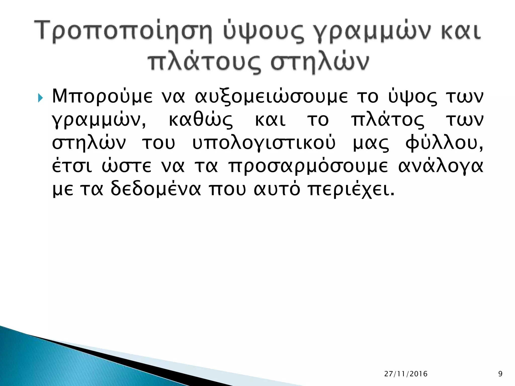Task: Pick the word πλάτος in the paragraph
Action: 388,121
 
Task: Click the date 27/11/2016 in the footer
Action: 406,374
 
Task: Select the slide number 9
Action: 500,374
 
